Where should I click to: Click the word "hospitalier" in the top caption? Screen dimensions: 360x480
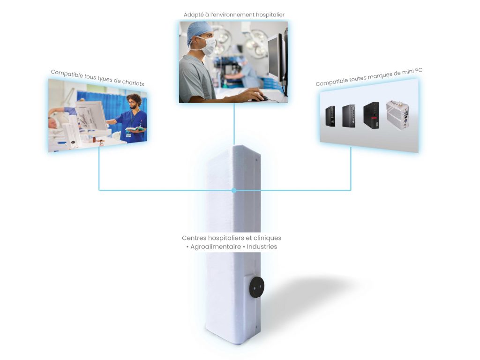click(x=269, y=15)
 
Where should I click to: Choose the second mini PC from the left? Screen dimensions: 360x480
click(x=349, y=115)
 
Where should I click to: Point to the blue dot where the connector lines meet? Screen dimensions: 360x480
click(x=234, y=190)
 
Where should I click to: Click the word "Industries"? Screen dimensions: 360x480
click(x=262, y=247)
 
